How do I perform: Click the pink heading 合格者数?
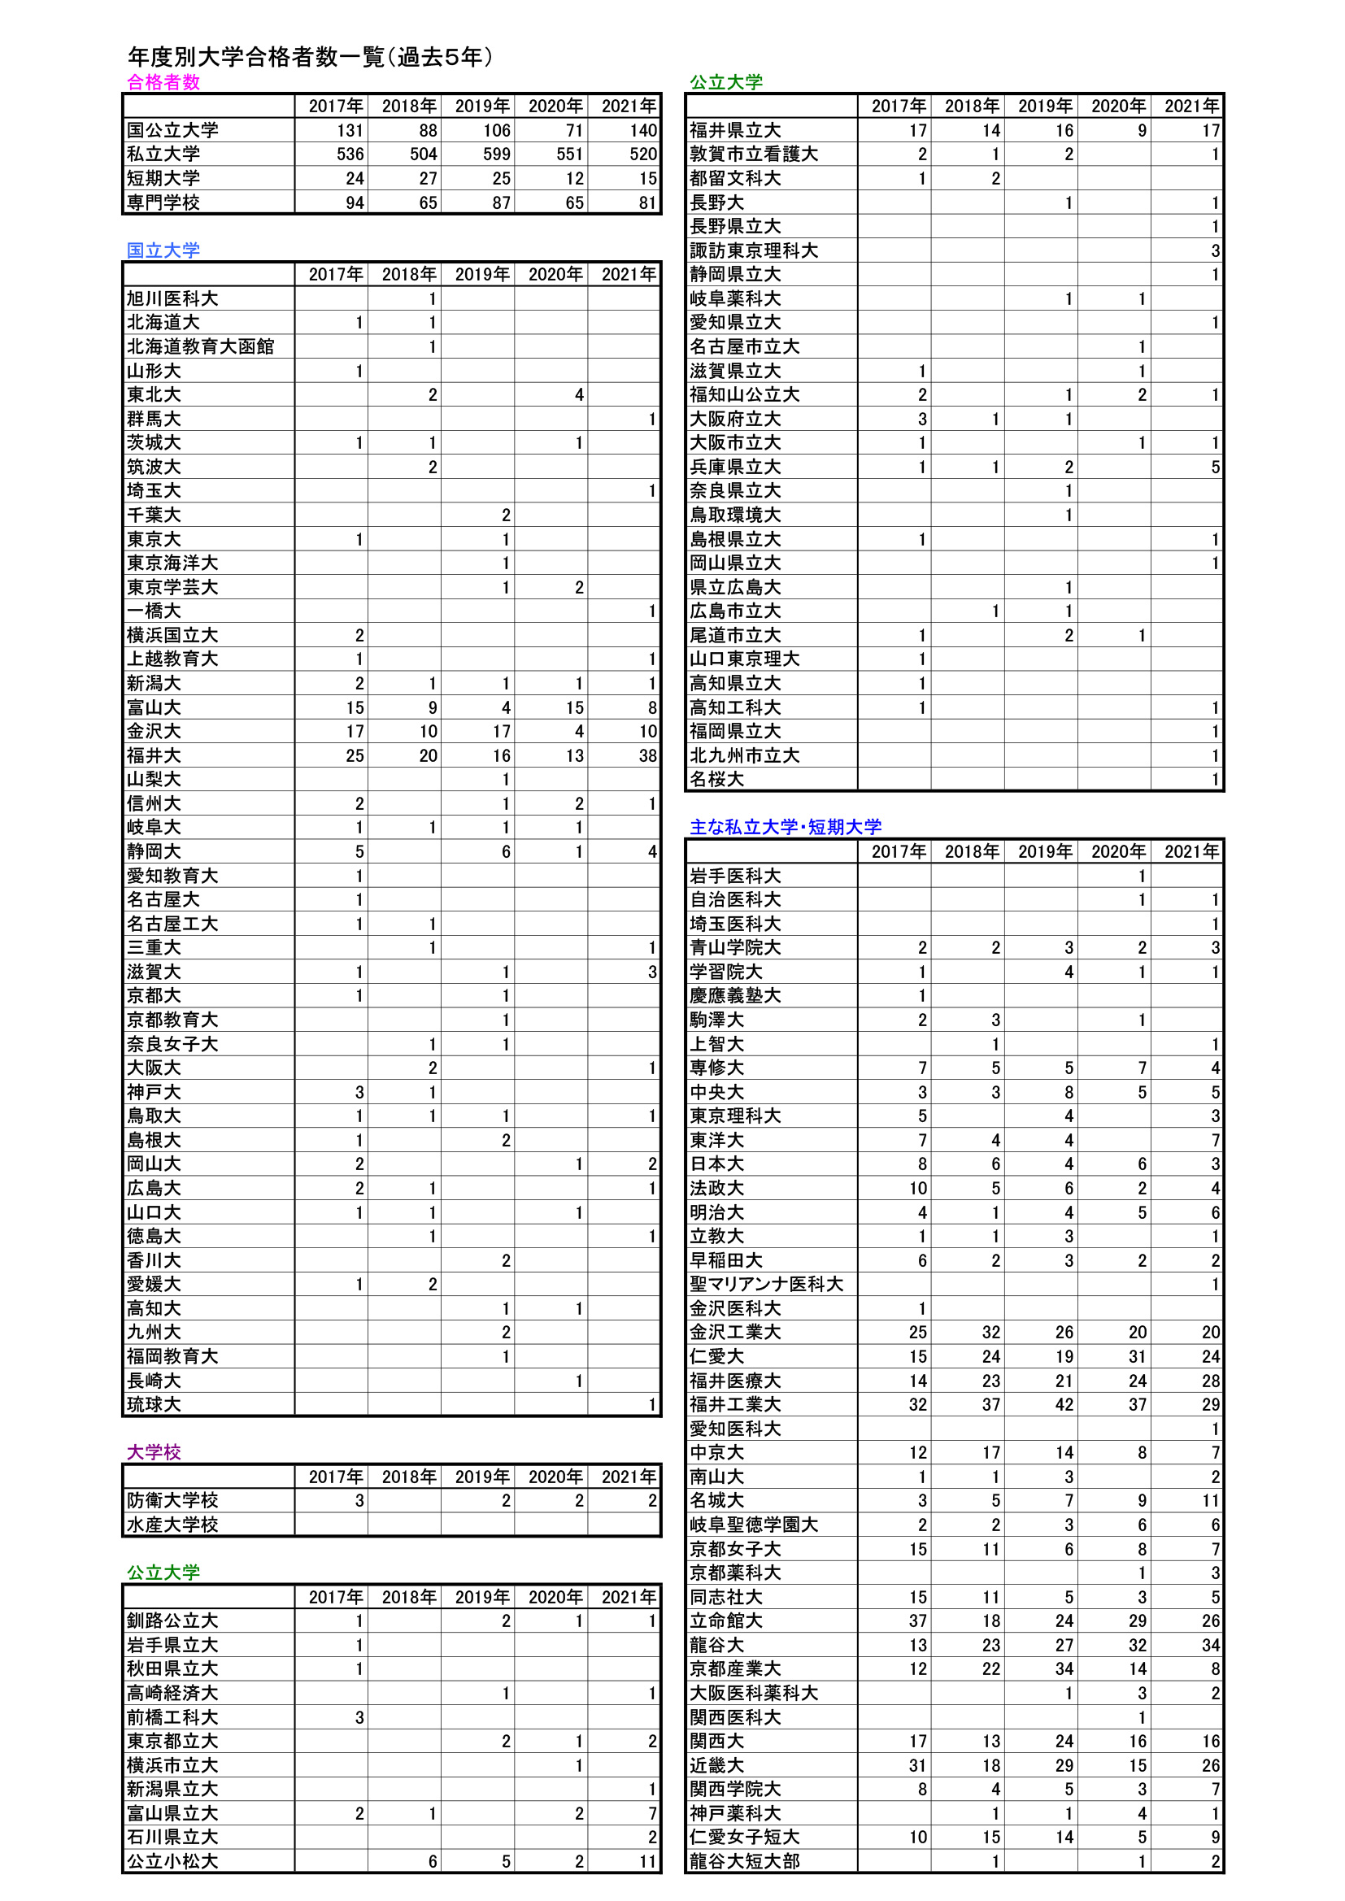pyautogui.click(x=163, y=82)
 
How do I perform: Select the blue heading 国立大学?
pyautogui.click(x=163, y=250)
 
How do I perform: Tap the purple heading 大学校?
pyautogui.click(x=153, y=1451)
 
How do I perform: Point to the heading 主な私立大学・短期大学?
pyautogui.click(x=786, y=826)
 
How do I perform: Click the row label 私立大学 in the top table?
pyautogui.click(x=163, y=154)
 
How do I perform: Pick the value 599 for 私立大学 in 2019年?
pyautogui.click(x=496, y=154)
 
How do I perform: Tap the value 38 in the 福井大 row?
pyautogui.click(x=646, y=755)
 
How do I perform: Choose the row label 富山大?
pyautogui.click(x=153, y=707)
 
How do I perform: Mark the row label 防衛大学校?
pyautogui.click(x=172, y=1499)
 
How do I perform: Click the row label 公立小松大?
pyautogui.click(x=172, y=1860)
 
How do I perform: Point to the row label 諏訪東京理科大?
pyautogui.click(x=754, y=250)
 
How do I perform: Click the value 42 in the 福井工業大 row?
pyautogui.click(x=1064, y=1404)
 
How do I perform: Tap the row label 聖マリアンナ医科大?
pyautogui.click(x=766, y=1283)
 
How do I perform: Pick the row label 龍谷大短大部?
pyautogui.click(x=745, y=1860)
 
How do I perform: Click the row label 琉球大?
pyautogui.click(x=153, y=1404)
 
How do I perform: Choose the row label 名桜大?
pyautogui.click(x=716, y=779)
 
